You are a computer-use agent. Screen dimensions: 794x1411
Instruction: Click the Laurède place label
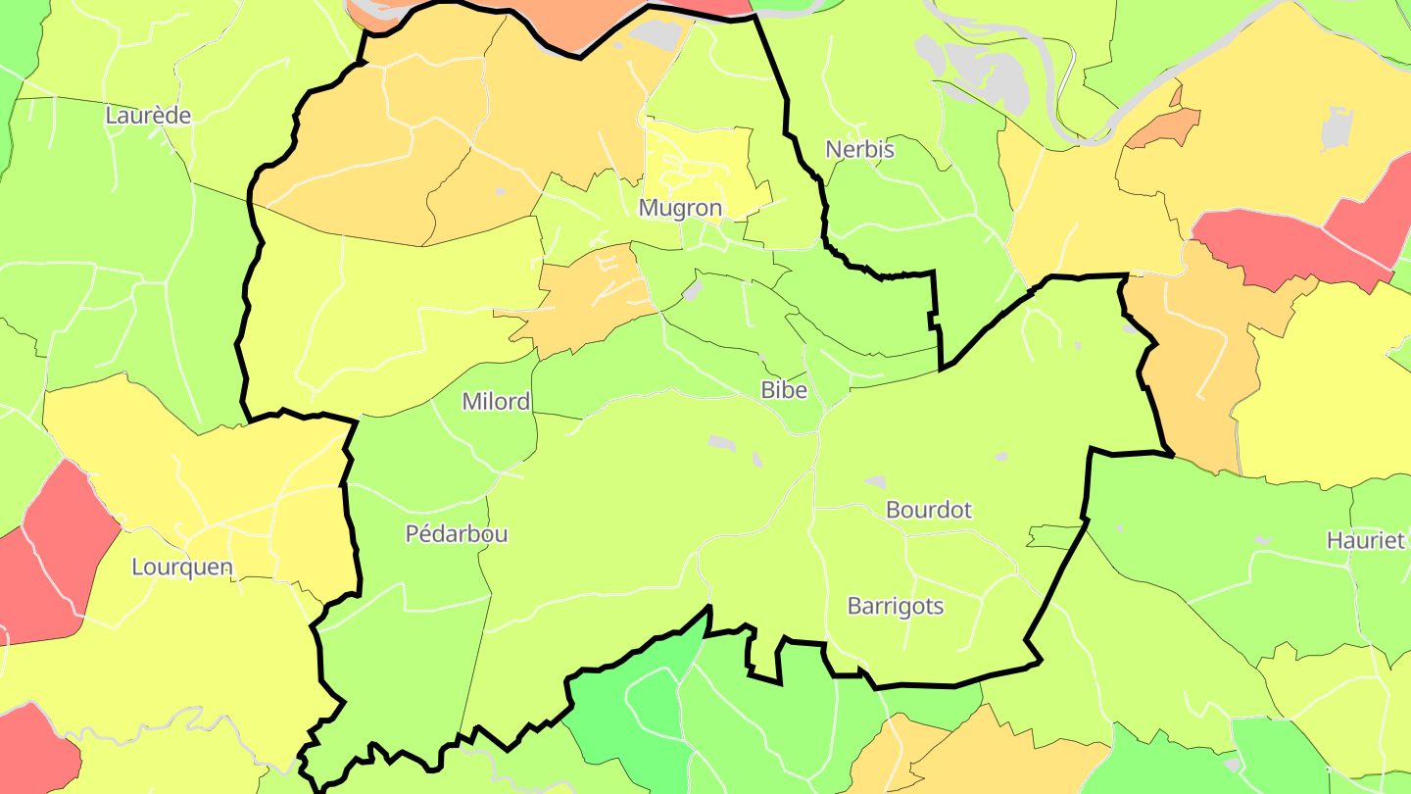click(148, 115)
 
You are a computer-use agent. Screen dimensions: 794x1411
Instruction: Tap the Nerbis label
click(859, 149)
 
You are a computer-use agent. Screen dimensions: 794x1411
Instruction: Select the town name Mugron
click(680, 208)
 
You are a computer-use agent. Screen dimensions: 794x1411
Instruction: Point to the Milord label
click(496, 401)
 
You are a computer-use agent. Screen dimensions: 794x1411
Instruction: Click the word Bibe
click(784, 390)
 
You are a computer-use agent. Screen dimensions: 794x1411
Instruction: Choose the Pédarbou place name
click(457, 533)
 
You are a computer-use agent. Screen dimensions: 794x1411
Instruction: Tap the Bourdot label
click(928, 510)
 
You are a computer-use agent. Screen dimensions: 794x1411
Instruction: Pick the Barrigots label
click(895, 606)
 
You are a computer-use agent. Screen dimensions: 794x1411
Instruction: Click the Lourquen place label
click(182, 567)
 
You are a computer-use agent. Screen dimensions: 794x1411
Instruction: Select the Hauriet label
click(1366, 540)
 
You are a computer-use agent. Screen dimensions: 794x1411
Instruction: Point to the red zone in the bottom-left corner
click(34, 750)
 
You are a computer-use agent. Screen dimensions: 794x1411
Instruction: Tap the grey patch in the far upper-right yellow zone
click(1337, 127)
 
